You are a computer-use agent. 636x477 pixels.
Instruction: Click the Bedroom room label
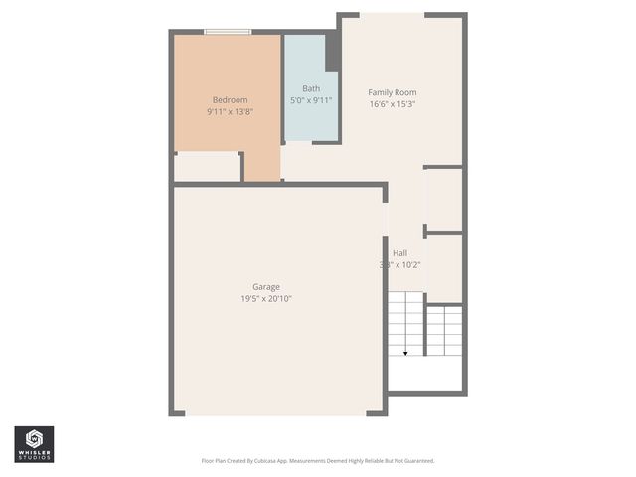coord(230,99)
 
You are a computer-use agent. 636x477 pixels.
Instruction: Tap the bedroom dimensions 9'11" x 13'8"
coord(230,112)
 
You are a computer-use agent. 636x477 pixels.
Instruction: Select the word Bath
coord(311,87)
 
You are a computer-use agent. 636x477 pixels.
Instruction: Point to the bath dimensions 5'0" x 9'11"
coord(311,100)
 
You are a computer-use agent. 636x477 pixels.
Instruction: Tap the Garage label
coord(265,287)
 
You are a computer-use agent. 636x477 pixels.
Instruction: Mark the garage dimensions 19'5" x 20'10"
coord(265,299)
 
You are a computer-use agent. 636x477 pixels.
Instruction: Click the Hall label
coord(399,253)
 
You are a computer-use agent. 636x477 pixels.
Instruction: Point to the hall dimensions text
coord(399,265)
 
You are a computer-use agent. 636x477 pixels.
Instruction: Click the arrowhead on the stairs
coord(405,352)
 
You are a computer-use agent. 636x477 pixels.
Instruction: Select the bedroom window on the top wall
coord(227,33)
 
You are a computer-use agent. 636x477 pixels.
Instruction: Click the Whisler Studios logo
coord(34,443)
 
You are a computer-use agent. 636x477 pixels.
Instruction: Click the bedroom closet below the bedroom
coord(207,167)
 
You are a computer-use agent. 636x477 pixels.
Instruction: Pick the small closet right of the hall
coord(443,200)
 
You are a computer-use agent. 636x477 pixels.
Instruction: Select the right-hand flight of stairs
coord(444,331)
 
